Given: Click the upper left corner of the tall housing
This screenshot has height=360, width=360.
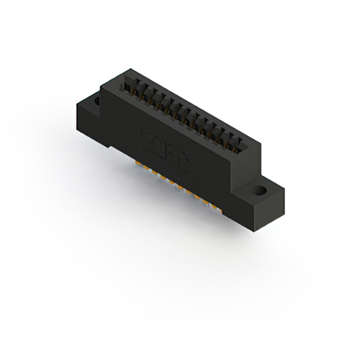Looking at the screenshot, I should (x=101, y=86).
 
